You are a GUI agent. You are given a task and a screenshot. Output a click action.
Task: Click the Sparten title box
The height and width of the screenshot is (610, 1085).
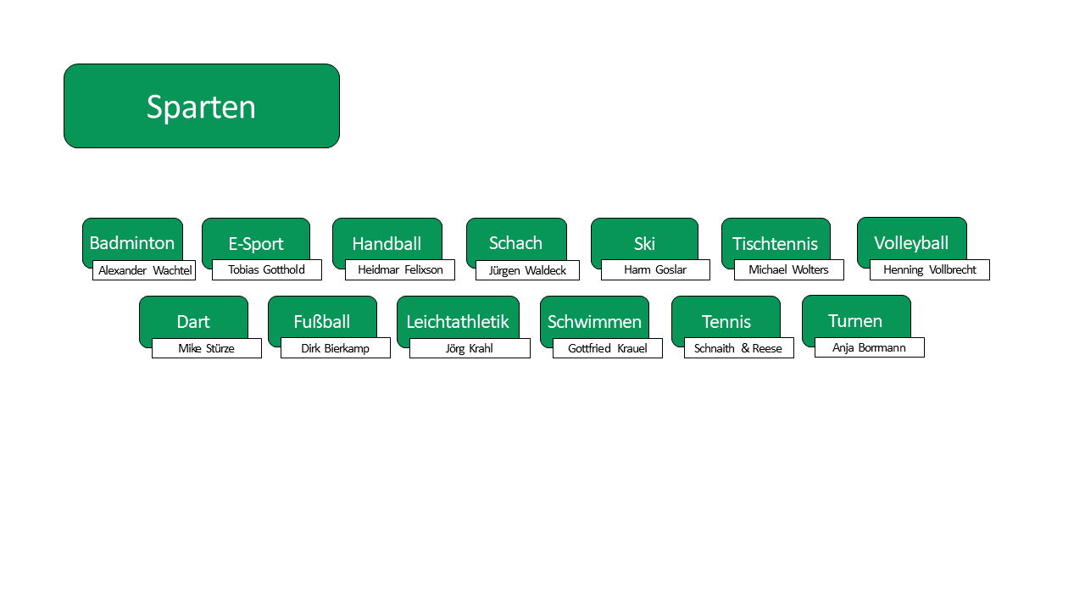pyautogui.click(x=202, y=106)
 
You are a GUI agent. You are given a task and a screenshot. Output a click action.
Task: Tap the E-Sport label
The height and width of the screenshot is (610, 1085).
pyautogui.click(x=256, y=243)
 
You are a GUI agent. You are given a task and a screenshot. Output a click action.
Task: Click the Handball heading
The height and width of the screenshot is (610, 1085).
pyautogui.click(x=387, y=243)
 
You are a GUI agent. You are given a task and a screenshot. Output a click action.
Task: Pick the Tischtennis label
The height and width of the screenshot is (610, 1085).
pyautogui.click(x=775, y=243)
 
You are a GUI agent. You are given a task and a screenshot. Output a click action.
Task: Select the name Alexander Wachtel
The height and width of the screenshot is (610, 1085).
pyautogui.click(x=145, y=270)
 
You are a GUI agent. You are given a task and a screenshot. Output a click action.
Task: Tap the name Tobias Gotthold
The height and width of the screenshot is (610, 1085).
pyautogui.click(x=266, y=269)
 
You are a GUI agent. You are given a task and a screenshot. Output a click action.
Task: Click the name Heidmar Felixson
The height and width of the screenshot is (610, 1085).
pyautogui.click(x=400, y=269)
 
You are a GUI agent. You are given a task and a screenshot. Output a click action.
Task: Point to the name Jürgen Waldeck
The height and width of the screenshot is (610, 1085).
pyautogui.click(x=527, y=270)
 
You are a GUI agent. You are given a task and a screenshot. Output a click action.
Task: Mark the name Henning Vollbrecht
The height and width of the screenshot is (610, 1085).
pyautogui.click(x=930, y=269)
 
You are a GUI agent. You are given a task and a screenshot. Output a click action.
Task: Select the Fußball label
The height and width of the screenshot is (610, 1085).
pyautogui.click(x=321, y=321)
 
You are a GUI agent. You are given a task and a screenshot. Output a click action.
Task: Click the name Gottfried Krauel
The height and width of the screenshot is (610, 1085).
pyautogui.click(x=608, y=348)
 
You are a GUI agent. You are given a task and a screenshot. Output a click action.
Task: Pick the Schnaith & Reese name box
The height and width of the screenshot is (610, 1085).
pyautogui.click(x=738, y=347)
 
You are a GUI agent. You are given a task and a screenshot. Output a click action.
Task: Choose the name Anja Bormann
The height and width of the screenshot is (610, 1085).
pyautogui.click(x=869, y=347)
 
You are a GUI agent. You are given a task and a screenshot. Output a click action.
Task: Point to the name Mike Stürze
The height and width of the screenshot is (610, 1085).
pyautogui.click(x=206, y=348)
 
